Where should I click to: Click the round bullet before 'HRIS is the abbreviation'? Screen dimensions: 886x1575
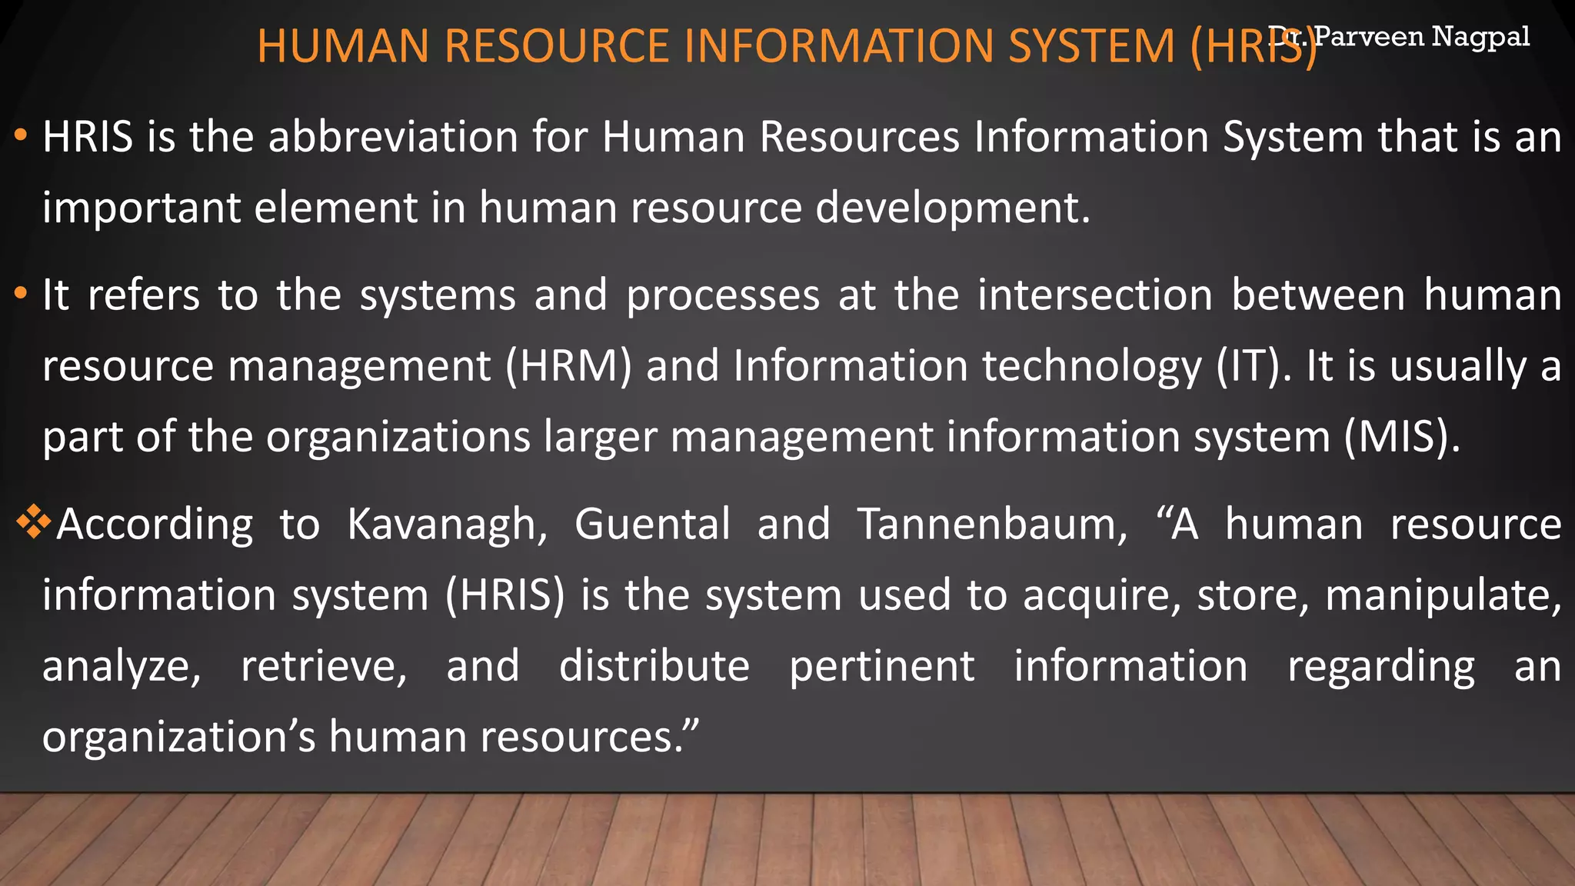tap(21, 136)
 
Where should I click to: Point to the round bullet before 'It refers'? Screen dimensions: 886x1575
tap(21, 294)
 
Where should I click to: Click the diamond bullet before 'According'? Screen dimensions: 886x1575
tap(33, 522)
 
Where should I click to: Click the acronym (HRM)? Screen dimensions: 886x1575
tap(568, 365)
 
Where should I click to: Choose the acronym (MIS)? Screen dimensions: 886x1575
tap(1402, 437)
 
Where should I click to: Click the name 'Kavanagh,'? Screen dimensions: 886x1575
tap(448, 525)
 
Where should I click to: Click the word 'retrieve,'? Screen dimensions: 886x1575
tap(324, 666)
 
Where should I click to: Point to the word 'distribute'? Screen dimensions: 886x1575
tap(654, 666)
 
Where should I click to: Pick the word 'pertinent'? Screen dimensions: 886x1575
tap(882, 666)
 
